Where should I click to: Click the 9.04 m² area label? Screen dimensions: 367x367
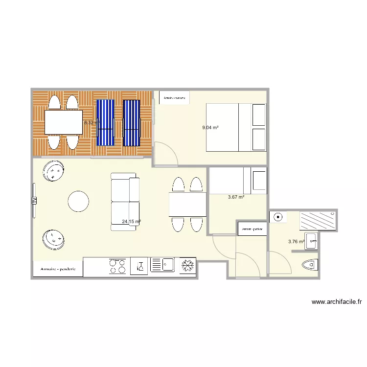(210, 128)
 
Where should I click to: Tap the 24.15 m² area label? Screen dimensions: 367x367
(131, 222)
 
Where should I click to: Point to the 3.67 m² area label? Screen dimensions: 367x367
(236, 197)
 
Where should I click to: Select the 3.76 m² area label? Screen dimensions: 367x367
(296, 241)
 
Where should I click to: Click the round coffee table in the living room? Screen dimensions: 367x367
(78, 201)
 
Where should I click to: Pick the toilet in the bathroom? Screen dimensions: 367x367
(310, 265)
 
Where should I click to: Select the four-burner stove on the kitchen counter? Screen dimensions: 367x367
(117, 266)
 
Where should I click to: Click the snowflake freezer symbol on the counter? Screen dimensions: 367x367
(188, 266)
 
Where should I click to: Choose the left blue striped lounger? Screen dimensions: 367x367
(105, 122)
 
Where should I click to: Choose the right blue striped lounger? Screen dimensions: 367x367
(132, 122)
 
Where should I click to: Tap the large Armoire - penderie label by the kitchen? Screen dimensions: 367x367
(58, 269)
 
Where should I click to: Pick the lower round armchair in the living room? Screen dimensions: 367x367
(53, 239)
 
